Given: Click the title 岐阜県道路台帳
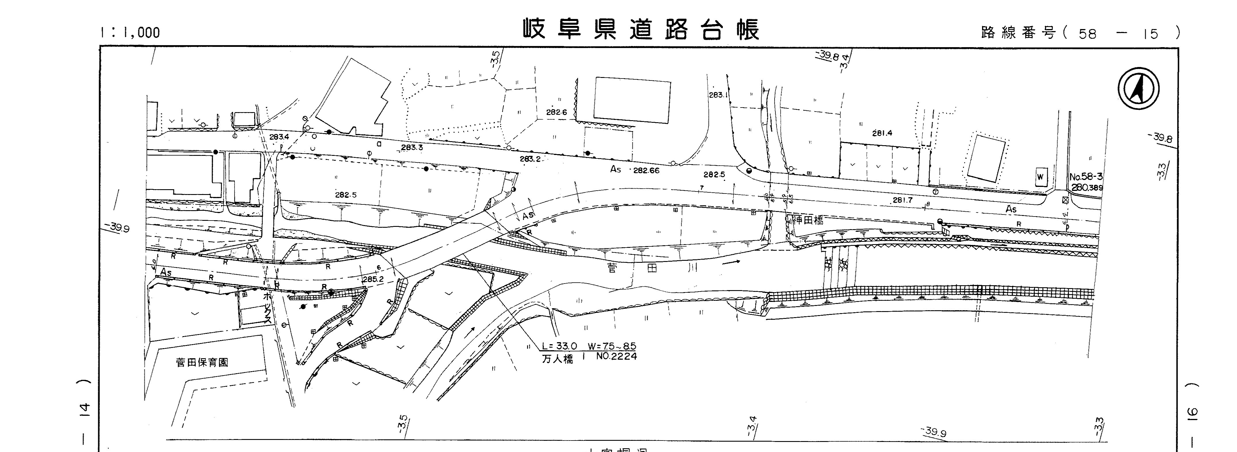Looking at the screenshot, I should [641, 30].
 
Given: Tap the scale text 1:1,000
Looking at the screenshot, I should [130, 32].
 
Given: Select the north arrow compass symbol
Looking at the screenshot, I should [1138, 89].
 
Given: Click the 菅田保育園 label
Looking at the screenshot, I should [202, 362].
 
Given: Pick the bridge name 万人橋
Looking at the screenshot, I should [558, 359].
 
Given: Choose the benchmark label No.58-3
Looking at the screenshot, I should [1086, 177].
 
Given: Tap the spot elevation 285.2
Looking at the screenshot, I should [373, 279].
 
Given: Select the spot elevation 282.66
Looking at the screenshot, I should [646, 170].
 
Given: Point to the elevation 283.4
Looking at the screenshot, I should [279, 137].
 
